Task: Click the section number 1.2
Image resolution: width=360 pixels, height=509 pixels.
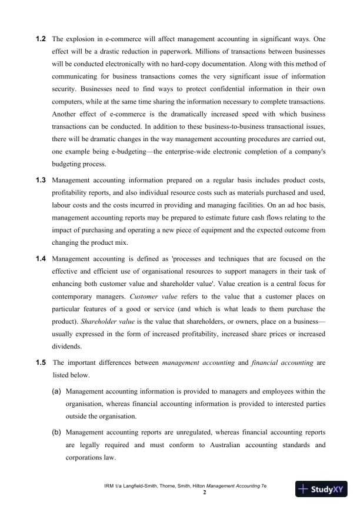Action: pos(41,38)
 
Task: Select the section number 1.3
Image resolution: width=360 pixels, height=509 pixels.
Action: pos(41,178)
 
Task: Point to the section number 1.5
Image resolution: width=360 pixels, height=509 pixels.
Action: pos(41,362)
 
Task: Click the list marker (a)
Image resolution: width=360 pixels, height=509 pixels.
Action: pos(56,390)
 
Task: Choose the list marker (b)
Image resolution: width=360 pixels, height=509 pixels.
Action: pos(56,431)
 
